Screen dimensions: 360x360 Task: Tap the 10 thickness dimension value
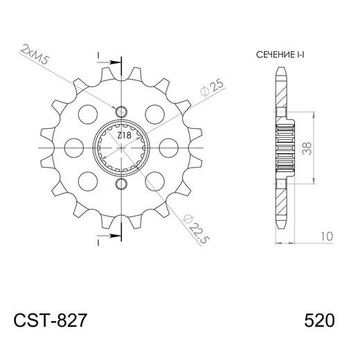point(325,237)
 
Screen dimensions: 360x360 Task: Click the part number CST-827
point(50,321)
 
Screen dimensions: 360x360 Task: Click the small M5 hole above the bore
point(123,112)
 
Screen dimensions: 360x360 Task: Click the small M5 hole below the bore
point(123,185)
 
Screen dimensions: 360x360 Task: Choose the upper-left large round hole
point(89,114)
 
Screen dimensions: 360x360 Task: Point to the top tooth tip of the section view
point(280,69)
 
